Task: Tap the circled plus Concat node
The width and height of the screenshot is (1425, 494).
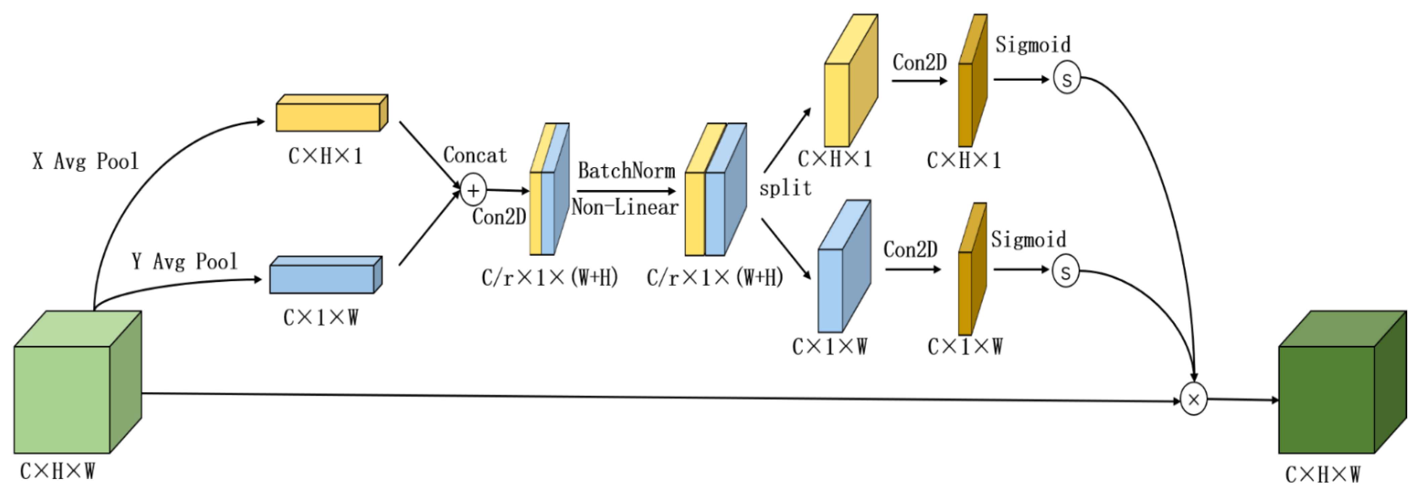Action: coord(473,190)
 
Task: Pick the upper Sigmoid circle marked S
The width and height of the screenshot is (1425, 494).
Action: coord(1067,78)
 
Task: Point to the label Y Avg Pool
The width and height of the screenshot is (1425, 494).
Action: coord(184,261)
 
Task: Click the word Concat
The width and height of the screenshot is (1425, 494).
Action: coord(475,155)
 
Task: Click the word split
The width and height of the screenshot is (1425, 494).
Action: coord(785,188)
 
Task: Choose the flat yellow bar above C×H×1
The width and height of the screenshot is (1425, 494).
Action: coord(330,115)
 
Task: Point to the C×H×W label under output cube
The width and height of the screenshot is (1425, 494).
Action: coord(1322,474)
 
